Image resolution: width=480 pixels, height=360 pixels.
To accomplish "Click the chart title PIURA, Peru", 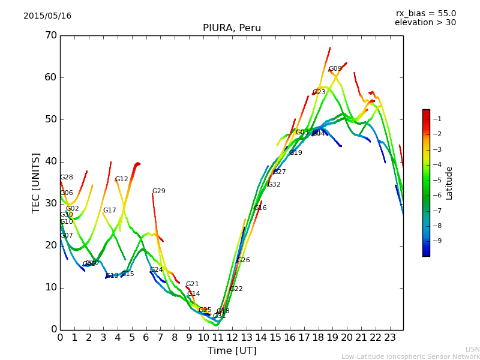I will pyautogui.click(x=232, y=28).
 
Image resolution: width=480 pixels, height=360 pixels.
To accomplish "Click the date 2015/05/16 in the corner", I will pyautogui.click(x=47, y=16).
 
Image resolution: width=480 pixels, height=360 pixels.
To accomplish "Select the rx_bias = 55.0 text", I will pyautogui.click(x=425, y=14).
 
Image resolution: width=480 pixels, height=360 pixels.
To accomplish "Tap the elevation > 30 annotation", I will pyautogui.click(x=425, y=23).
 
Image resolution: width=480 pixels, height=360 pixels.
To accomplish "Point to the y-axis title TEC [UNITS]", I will pyautogui.click(x=36, y=182).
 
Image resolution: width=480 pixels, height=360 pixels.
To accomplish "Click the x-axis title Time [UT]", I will pyautogui.click(x=232, y=351).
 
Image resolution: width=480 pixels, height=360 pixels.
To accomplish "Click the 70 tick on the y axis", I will pyautogui.click(x=50, y=35).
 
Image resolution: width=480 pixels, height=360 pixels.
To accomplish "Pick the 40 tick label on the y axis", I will pyautogui.click(x=50, y=161).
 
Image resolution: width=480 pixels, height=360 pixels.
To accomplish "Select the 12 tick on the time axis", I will pyautogui.click(x=232, y=337).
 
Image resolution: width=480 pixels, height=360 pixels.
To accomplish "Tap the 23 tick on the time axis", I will pyautogui.click(x=389, y=337).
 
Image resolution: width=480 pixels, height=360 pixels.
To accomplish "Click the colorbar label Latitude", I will pyautogui.click(x=449, y=183).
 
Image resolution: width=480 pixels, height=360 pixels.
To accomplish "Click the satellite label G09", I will pyautogui.click(x=335, y=69).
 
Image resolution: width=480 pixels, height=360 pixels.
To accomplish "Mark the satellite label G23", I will pyautogui.click(x=319, y=92).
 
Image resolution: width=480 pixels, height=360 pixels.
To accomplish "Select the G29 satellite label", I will pyautogui.click(x=158, y=191).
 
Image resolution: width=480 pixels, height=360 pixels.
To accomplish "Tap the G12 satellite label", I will pyautogui.click(x=122, y=179).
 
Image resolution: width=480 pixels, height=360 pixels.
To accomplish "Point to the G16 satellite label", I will pyautogui.click(x=260, y=208).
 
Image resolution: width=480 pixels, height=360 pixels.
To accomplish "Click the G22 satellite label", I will pyautogui.click(x=236, y=289).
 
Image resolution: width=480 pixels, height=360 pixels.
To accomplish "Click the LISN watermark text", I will pyautogui.click(x=472, y=349).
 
